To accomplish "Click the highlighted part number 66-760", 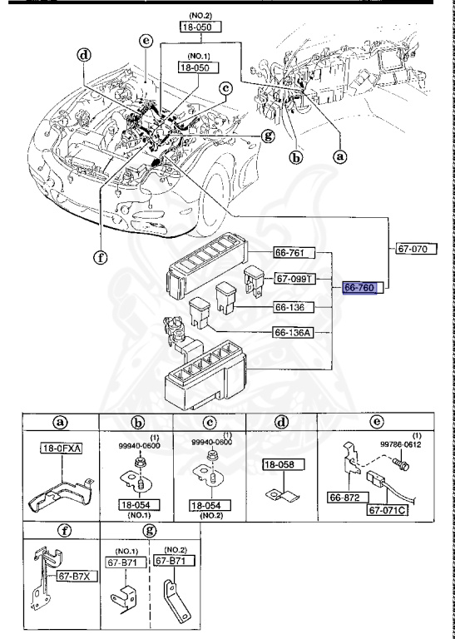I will click(360, 288).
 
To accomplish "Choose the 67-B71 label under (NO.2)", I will click(172, 562).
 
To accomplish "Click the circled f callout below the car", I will click(101, 256).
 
